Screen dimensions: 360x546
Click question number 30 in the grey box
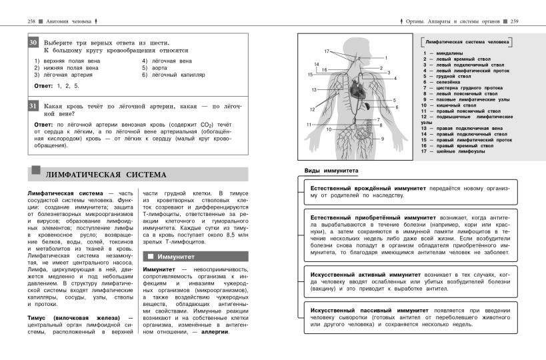click(34, 43)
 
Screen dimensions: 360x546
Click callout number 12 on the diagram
click(311, 109)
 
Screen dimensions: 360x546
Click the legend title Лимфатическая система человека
click(466, 41)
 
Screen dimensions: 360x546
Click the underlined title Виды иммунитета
click(331, 171)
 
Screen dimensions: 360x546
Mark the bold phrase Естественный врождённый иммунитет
click(368, 189)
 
